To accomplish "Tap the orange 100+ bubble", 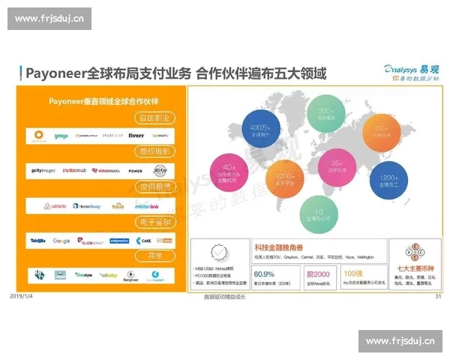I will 381,132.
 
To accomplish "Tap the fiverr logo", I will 136,136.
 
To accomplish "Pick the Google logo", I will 61,241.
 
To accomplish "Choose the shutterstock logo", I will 74,170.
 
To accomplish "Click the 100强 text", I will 353,274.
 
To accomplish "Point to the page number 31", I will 437,297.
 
